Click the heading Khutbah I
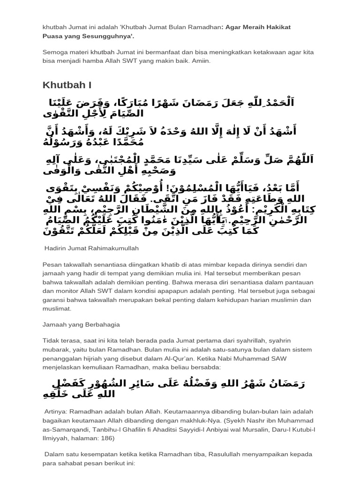(67, 85)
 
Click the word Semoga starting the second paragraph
(56, 52)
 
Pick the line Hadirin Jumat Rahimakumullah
(92, 247)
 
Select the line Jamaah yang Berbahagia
(81, 324)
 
